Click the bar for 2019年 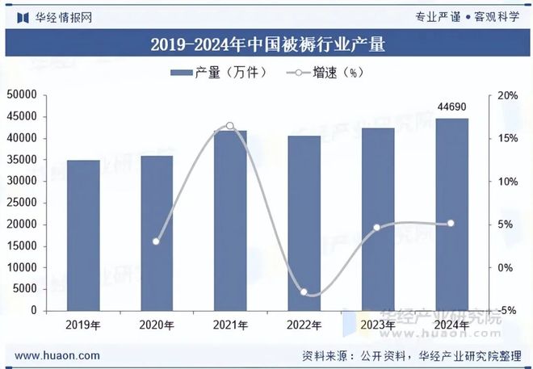click(83, 235)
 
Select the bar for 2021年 click(230, 220)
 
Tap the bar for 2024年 click(451, 214)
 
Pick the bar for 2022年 click(304, 223)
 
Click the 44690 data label click(451, 107)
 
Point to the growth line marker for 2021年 click(230, 126)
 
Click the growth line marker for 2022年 click(304, 291)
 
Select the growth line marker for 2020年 click(157, 241)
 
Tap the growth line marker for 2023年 click(377, 227)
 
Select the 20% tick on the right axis click(508, 95)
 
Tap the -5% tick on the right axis click(508, 310)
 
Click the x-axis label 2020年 click(157, 325)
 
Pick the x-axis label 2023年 click(377, 325)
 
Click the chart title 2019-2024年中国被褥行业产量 click(267, 44)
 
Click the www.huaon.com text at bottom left click(58, 355)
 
